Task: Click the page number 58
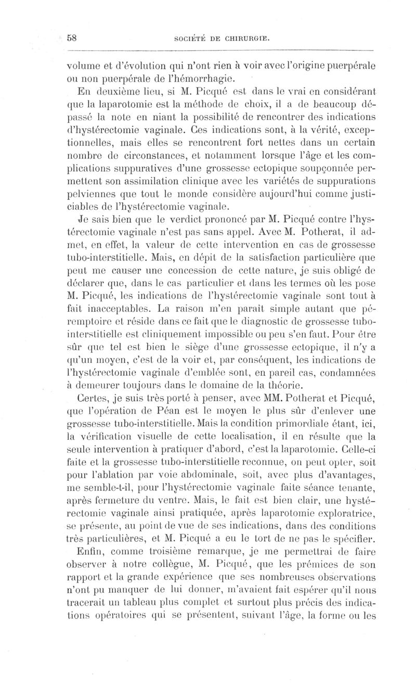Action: tap(72, 38)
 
